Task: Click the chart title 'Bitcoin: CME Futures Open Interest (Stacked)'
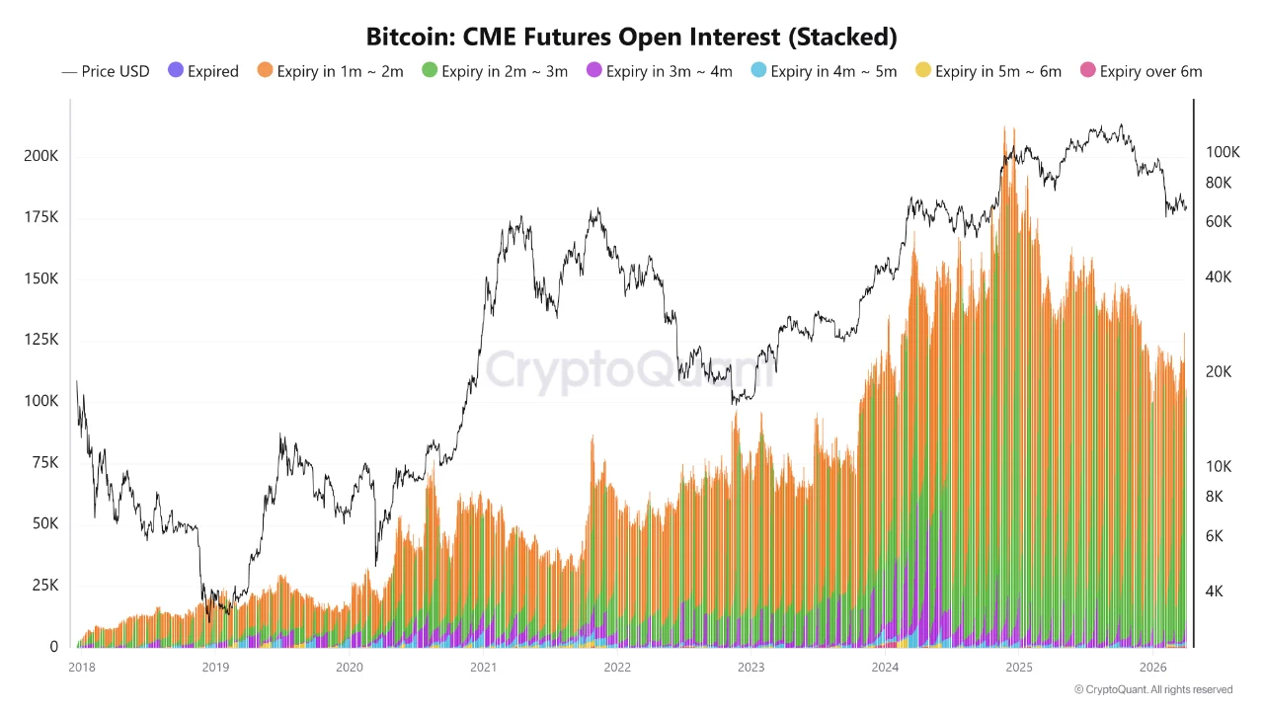[632, 38]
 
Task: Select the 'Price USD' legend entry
[106, 71]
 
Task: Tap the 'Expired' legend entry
[203, 71]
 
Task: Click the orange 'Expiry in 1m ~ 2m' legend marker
[265, 71]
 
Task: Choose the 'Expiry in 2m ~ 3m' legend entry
[494, 71]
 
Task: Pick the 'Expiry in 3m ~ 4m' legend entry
[659, 71]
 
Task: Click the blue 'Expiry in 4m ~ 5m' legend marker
[757, 71]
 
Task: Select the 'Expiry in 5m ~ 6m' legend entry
[987, 71]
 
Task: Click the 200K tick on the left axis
[39, 157]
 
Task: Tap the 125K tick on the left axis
[39, 340]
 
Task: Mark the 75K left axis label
[42, 462]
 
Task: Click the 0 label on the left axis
[53, 647]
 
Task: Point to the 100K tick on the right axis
[1222, 152]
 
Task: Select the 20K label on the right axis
[1219, 371]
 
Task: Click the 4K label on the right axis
[1215, 592]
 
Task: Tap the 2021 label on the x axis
[483, 667]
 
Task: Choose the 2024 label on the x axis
[885, 667]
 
